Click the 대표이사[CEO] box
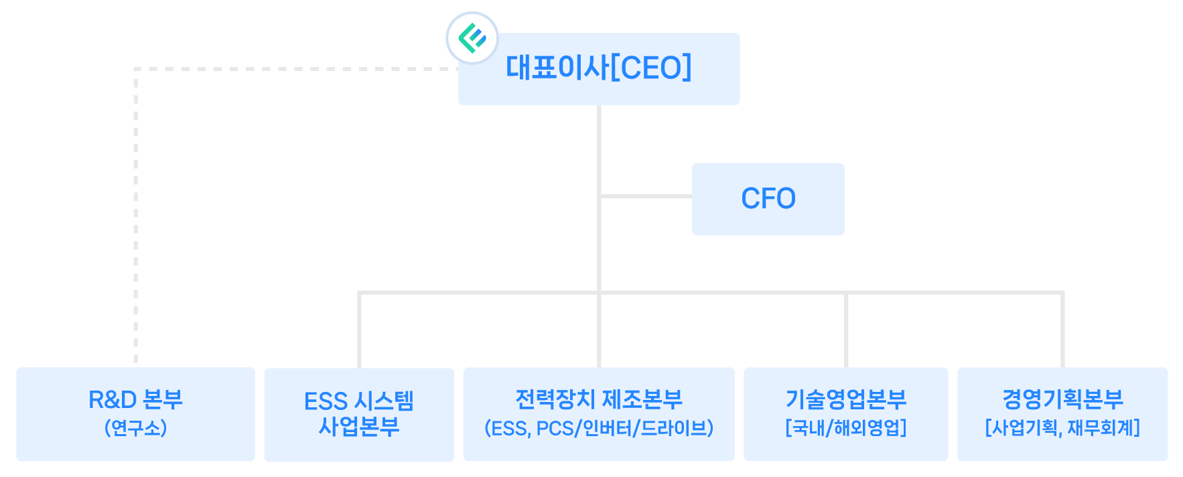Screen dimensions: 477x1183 pyautogui.click(x=598, y=69)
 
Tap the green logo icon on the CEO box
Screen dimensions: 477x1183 pyautogui.click(x=472, y=38)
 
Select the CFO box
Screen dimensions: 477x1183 pyautogui.click(x=768, y=199)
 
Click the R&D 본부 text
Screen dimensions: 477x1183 pyautogui.click(x=135, y=400)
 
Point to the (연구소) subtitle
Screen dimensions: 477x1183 pyautogui.click(x=135, y=428)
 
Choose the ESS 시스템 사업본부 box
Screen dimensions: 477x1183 pyautogui.click(x=358, y=414)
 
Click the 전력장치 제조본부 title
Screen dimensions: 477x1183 pyautogui.click(x=598, y=399)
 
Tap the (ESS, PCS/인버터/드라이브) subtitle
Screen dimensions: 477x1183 pyautogui.click(x=598, y=428)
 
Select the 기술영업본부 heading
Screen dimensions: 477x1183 pyautogui.click(x=845, y=399)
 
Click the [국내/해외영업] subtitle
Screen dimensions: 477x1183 pyautogui.click(x=845, y=428)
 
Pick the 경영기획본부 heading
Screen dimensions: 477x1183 pyautogui.click(x=1062, y=399)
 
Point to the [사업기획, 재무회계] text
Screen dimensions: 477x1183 pyautogui.click(x=1062, y=428)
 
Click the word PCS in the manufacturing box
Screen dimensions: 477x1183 pyautogui.click(x=555, y=429)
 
